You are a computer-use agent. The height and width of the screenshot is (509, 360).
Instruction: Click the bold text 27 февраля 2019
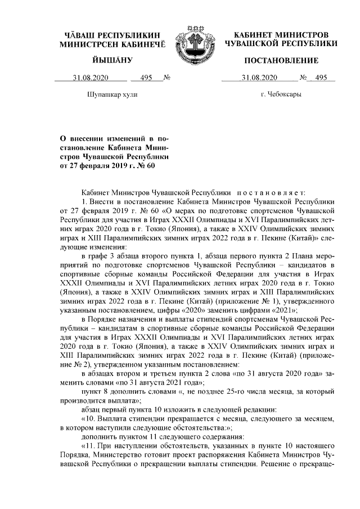point(93,166)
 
